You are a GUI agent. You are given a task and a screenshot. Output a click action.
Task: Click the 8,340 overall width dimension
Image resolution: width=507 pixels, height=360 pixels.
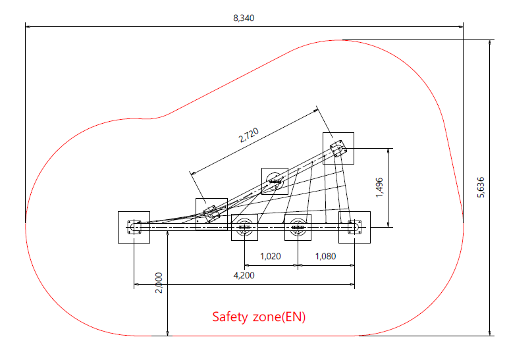point(244,18)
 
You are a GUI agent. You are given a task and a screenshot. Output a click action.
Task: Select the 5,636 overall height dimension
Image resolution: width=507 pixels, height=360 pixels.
point(481,187)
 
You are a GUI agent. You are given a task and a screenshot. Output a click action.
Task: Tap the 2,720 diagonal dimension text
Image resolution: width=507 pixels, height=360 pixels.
point(249,136)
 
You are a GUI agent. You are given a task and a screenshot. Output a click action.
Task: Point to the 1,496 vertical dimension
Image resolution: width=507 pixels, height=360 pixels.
point(379,187)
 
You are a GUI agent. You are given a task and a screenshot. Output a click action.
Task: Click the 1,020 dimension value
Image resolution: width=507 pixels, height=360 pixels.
point(271,256)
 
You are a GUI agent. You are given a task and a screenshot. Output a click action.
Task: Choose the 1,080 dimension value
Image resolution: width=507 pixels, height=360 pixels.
point(326,256)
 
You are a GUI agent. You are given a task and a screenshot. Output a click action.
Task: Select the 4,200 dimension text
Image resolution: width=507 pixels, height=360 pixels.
point(244,275)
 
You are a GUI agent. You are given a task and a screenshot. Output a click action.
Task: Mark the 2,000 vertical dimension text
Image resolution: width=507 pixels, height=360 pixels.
point(159,283)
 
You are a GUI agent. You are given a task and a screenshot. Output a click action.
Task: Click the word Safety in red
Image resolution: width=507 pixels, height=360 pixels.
point(230,317)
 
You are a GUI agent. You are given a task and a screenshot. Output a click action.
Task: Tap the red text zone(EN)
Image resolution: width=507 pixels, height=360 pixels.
point(279,317)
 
